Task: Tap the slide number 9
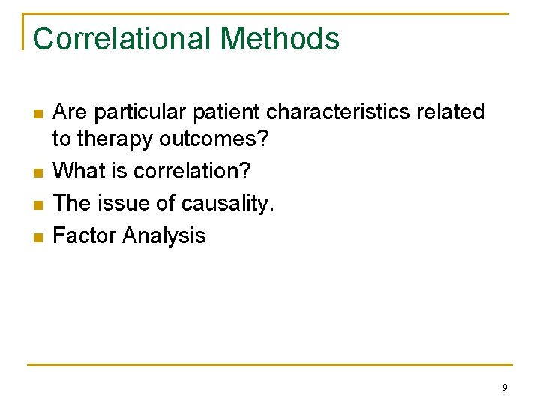[504, 388]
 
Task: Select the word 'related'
[453, 112]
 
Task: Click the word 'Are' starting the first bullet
[70, 112]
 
